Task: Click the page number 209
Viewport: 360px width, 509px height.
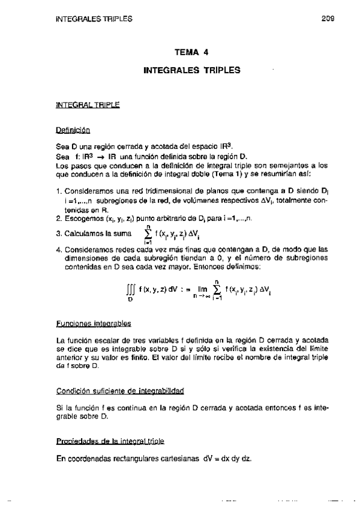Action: (x=327, y=19)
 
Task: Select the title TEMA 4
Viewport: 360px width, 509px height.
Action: (x=191, y=52)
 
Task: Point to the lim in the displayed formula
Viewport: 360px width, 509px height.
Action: (x=202, y=288)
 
